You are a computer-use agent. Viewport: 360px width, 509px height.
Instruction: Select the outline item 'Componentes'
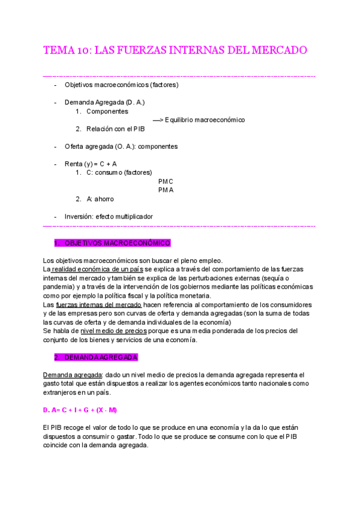tap(107, 112)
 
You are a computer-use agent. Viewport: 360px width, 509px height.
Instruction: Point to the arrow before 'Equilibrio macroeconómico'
tap(158, 120)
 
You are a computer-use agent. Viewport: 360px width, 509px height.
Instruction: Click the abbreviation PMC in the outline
tap(166, 181)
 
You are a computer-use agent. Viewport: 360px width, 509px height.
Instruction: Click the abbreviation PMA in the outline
tap(166, 190)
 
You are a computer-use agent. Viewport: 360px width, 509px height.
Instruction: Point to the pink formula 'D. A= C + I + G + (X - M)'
tap(80, 410)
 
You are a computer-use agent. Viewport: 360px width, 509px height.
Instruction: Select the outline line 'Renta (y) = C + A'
tap(90, 164)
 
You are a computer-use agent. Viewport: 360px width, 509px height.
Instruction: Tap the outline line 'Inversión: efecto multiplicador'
tap(109, 216)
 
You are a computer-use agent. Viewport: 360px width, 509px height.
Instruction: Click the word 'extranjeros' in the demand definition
tap(61, 393)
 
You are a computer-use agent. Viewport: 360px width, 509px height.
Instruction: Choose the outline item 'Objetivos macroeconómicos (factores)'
tap(121, 85)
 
